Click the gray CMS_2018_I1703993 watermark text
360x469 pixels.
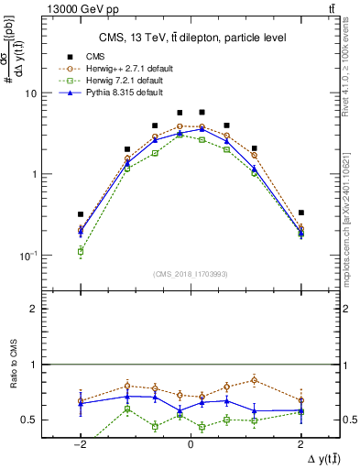(191, 273)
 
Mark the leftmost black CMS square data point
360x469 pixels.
(81, 214)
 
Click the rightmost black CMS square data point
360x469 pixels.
(300, 213)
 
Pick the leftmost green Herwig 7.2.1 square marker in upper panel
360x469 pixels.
(81, 250)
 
